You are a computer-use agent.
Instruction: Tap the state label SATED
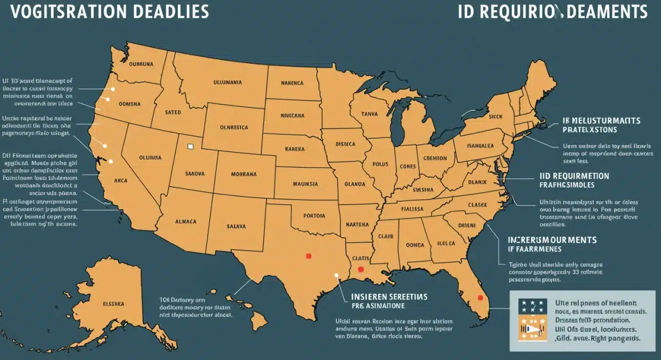173,112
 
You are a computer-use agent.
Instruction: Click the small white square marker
191,146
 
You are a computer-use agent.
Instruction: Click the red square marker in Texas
308,255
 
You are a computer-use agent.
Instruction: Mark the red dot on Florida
480,298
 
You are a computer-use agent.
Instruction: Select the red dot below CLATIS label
360,270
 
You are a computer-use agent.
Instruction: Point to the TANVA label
369,114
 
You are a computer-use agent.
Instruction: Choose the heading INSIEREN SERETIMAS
389,297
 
